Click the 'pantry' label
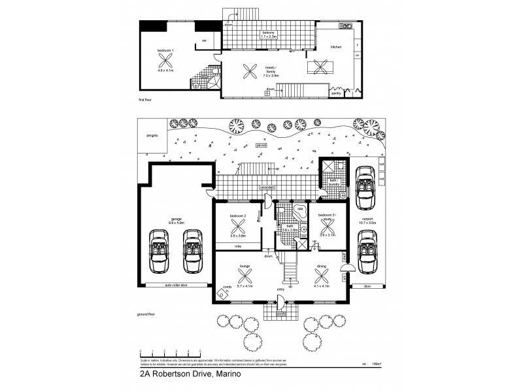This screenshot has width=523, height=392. tap(337, 93)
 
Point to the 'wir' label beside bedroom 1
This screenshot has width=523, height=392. tap(205, 41)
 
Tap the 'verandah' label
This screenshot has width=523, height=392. tap(266, 187)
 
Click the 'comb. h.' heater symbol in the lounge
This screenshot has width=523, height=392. tap(223, 293)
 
